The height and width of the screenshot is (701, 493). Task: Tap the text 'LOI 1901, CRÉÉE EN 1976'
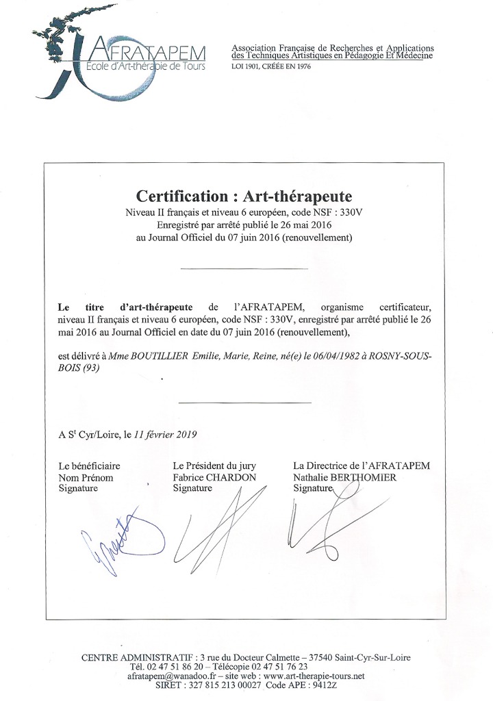[270, 67]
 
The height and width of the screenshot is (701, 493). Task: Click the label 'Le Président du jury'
[215, 466]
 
